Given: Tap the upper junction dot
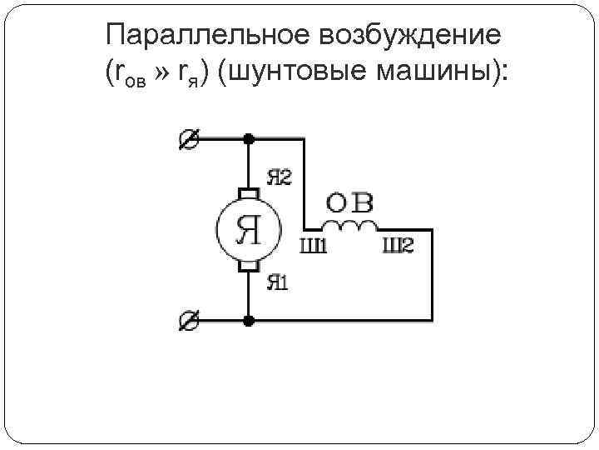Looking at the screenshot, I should coord(248,140).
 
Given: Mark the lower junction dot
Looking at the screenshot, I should coord(248,320).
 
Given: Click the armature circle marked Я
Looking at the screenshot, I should coord(248,230).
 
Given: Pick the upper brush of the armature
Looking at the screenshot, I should coord(248,194).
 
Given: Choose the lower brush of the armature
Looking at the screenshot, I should coord(248,266).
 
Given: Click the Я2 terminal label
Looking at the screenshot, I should coord(279,177).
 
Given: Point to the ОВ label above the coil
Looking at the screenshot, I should coord(349,202).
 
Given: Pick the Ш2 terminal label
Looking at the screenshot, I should coord(398,246).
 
